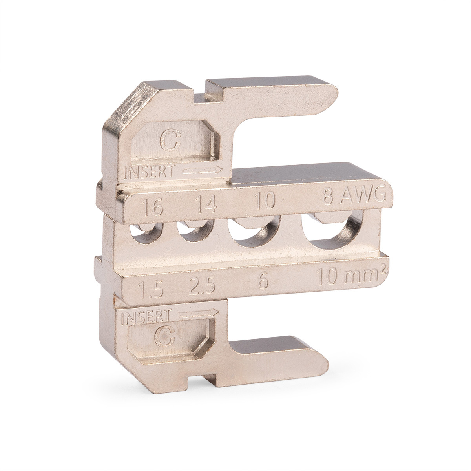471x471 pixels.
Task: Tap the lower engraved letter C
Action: tap(165, 336)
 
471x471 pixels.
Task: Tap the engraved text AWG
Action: tap(364, 195)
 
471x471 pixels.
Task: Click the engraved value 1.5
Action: tap(150, 289)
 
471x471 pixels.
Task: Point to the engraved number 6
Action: tap(262, 281)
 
